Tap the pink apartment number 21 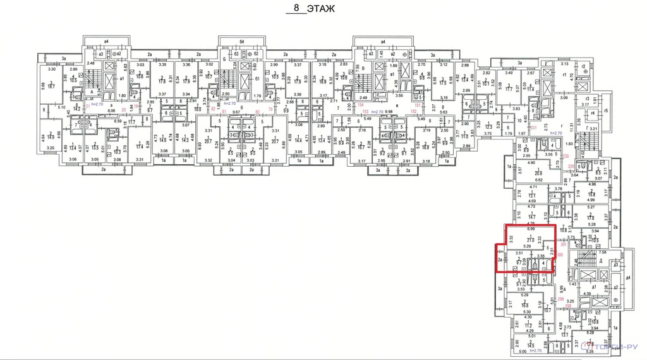[x=87, y=106]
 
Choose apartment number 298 [x=569, y=306]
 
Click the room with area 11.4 [x=531, y=90]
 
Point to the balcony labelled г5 [x=606, y=111]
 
